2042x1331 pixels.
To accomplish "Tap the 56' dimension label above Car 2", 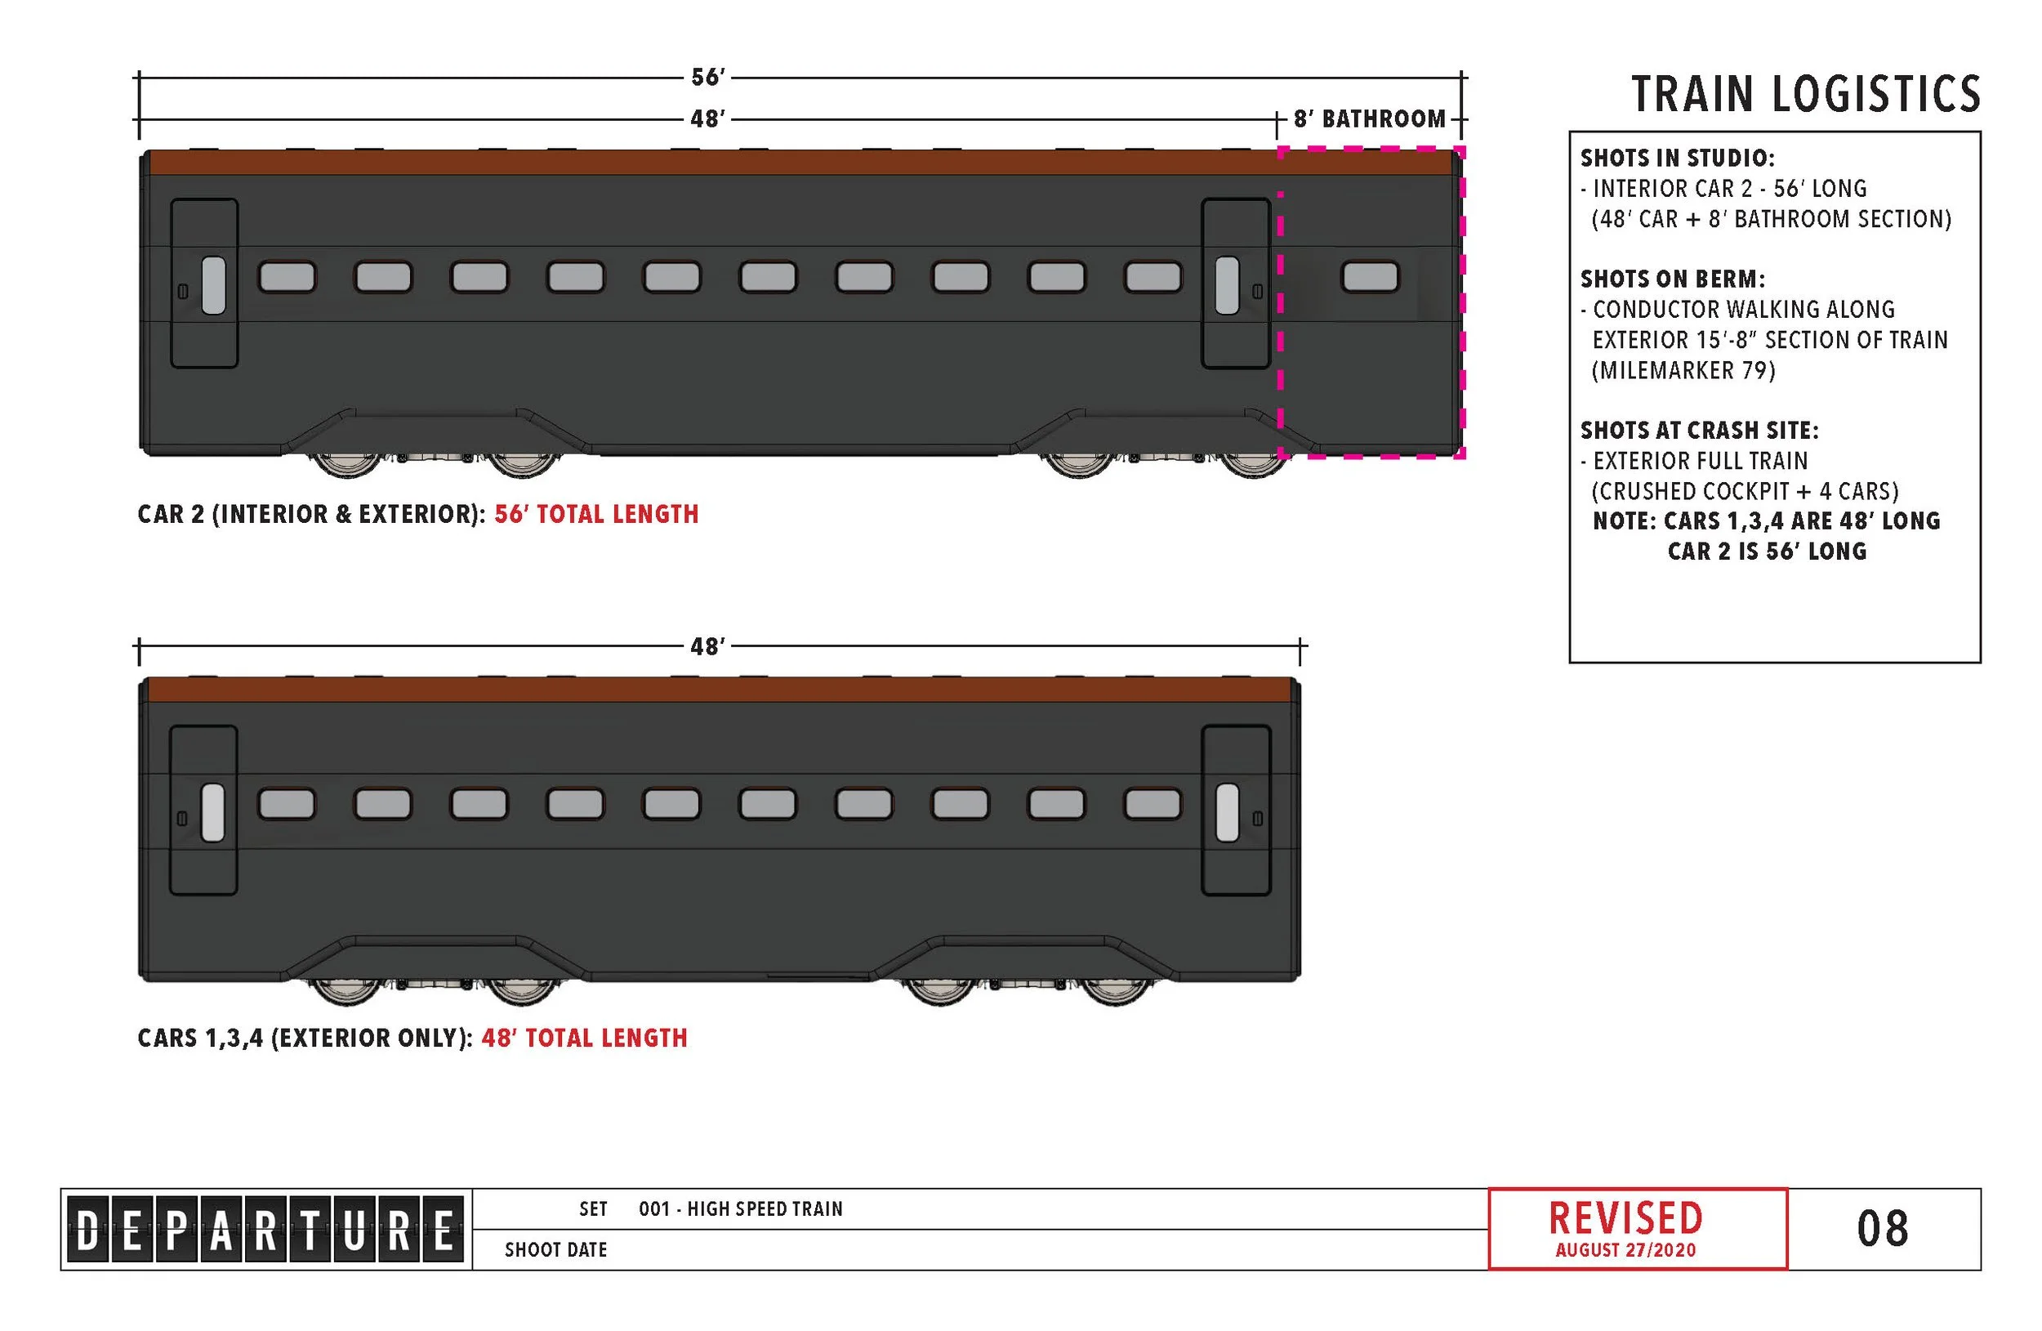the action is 708,78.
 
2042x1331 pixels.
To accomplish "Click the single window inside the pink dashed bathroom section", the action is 1371,277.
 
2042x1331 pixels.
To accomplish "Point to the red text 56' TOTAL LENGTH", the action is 596,514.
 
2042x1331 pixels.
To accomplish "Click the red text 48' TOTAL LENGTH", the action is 584,1038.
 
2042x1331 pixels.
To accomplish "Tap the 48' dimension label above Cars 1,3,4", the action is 708,646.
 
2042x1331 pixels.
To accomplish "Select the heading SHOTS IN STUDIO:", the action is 1678,158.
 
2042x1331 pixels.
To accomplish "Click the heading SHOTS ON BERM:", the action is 1672,279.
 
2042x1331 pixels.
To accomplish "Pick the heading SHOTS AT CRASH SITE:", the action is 1699,430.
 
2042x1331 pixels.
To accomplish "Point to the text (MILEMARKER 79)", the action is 1683,371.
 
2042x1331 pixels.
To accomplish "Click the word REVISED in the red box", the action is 1625,1217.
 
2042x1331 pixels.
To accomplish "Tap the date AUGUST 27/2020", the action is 1625,1250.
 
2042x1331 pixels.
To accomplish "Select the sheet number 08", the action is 1883,1229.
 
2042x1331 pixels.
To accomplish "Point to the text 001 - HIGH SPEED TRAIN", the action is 741,1209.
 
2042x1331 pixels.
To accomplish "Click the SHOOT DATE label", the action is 555,1249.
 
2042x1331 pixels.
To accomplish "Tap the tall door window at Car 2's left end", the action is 214,285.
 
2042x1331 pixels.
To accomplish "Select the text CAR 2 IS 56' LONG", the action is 1767,551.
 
